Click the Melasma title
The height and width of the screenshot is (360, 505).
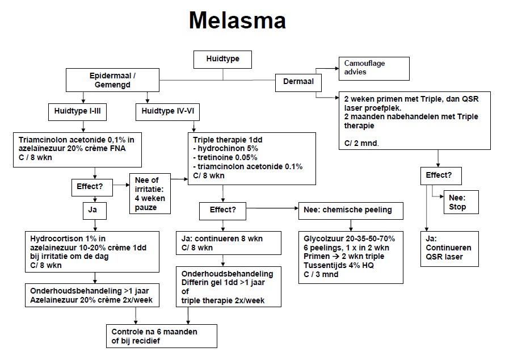pyautogui.click(x=237, y=20)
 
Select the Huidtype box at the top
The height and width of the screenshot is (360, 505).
pyautogui.click(x=222, y=58)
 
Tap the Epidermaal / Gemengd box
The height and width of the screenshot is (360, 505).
pyautogui.click(x=112, y=79)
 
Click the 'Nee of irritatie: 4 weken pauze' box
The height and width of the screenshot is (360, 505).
pyautogui.click(x=150, y=194)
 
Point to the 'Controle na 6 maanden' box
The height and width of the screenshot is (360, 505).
pyautogui.click(x=163, y=336)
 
